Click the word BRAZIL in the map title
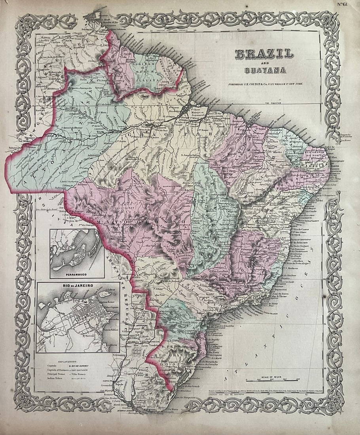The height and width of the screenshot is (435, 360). point(264,54)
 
